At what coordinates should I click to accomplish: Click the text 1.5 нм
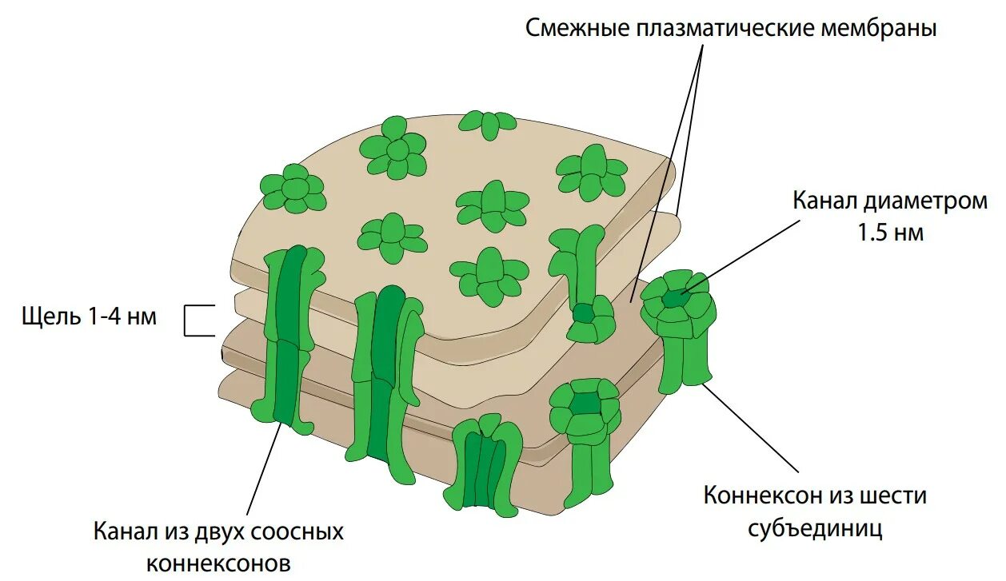coord(890,233)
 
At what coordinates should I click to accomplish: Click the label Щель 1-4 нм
coord(90,316)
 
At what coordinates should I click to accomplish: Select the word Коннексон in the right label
coord(760,495)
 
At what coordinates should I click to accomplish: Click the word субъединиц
coord(815,528)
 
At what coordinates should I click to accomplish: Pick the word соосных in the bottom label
coord(297,531)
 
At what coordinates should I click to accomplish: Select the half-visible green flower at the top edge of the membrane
coord(489,124)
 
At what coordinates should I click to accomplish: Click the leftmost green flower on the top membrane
coord(293,189)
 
